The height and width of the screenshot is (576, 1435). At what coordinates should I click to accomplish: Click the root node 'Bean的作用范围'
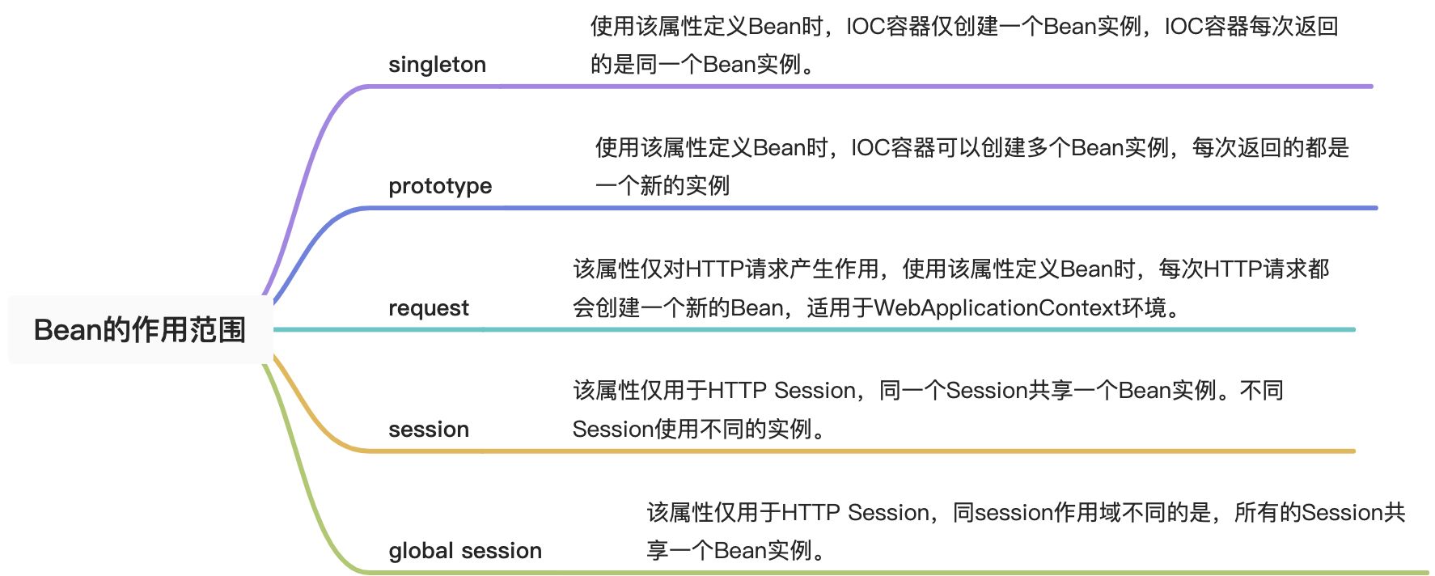click(140, 329)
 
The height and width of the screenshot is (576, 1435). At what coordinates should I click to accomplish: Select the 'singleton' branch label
click(437, 65)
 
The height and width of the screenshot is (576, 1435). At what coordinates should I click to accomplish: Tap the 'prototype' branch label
click(440, 186)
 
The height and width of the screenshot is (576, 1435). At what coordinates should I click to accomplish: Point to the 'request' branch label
click(429, 308)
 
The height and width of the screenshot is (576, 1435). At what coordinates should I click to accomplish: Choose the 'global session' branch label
click(465, 551)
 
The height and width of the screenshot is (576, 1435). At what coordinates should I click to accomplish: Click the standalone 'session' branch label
click(429, 430)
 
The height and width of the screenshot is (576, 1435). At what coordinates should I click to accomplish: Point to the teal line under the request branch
click(815, 329)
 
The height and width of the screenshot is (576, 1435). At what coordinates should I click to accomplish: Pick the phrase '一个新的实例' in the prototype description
click(662, 186)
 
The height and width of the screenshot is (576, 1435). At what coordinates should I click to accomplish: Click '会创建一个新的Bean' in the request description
click(678, 308)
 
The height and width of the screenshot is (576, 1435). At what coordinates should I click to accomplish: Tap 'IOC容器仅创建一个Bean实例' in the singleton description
click(994, 27)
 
